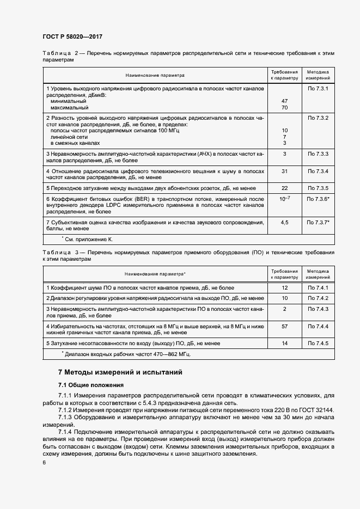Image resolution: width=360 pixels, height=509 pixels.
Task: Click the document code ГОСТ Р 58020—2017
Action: click(x=72, y=36)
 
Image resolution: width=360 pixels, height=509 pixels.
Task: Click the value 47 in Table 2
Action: click(x=284, y=101)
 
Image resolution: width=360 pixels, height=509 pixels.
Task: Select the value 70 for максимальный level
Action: click(x=284, y=108)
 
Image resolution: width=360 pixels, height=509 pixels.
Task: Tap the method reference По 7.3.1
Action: click(x=318, y=88)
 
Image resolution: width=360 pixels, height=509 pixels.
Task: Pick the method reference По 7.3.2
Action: click(x=318, y=118)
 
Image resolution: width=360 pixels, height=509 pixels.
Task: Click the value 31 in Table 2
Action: click(x=284, y=171)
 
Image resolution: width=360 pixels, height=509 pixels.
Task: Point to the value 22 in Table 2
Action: click(x=284, y=188)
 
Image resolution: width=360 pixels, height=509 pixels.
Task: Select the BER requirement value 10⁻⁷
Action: click(x=284, y=199)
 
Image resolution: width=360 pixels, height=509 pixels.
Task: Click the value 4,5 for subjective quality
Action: click(x=284, y=223)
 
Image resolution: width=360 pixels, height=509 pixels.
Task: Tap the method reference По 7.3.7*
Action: click(x=319, y=223)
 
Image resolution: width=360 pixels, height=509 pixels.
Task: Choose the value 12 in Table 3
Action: click(x=284, y=287)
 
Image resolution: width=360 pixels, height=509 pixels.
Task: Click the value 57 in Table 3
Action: click(x=284, y=326)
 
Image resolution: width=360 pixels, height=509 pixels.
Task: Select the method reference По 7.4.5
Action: click(x=318, y=344)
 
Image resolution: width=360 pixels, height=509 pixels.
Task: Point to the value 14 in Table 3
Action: click(x=284, y=344)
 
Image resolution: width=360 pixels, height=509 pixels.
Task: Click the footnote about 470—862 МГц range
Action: click(x=126, y=354)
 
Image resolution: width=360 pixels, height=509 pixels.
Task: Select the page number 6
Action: click(x=44, y=462)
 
